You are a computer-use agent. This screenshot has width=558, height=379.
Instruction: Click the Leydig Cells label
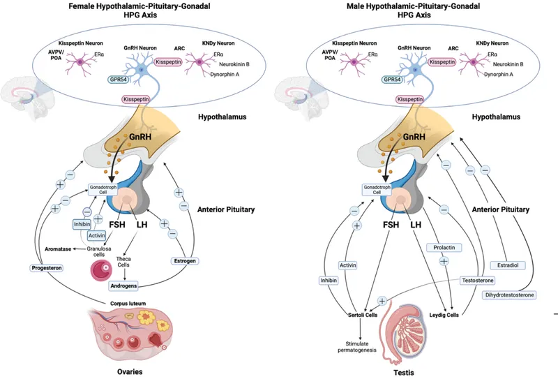coord(442,315)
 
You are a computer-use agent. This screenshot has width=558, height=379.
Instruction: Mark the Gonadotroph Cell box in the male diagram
coord(375,190)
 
